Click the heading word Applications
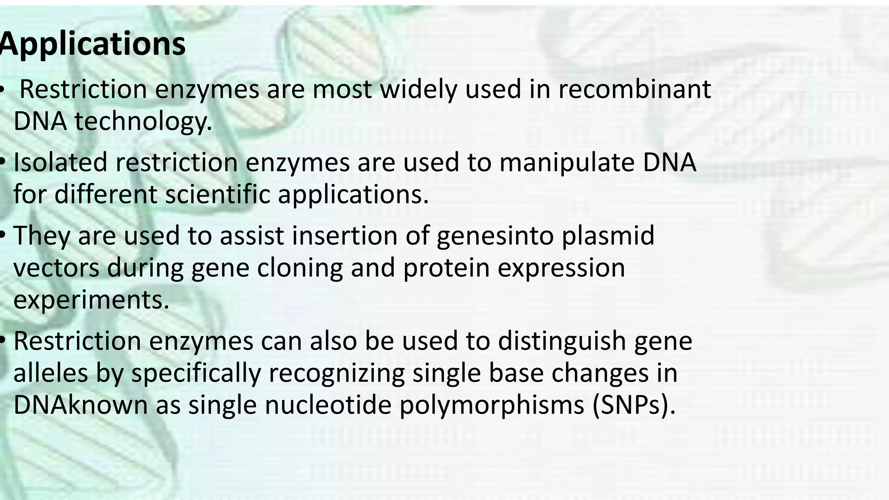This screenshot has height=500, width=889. click(92, 44)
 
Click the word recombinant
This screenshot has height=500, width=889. click(634, 89)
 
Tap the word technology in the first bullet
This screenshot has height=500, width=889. click(143, 121)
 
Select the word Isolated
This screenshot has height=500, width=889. click(60, 162)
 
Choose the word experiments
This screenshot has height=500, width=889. click(91, 300)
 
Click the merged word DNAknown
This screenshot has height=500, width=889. click(81, 405)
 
